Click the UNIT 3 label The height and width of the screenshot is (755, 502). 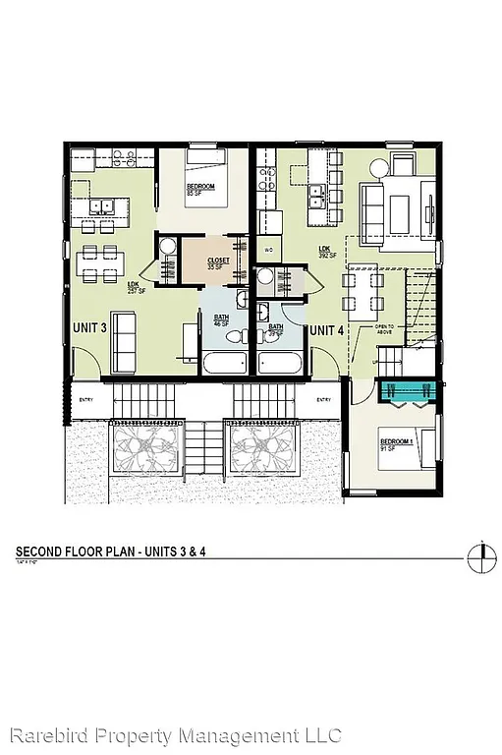89,326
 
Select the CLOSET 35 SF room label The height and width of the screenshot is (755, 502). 215,262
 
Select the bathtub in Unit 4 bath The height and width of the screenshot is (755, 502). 280,362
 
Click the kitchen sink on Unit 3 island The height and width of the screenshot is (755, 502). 110,206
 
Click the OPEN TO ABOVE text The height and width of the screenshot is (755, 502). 384,328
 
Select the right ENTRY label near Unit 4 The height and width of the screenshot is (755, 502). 323,400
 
